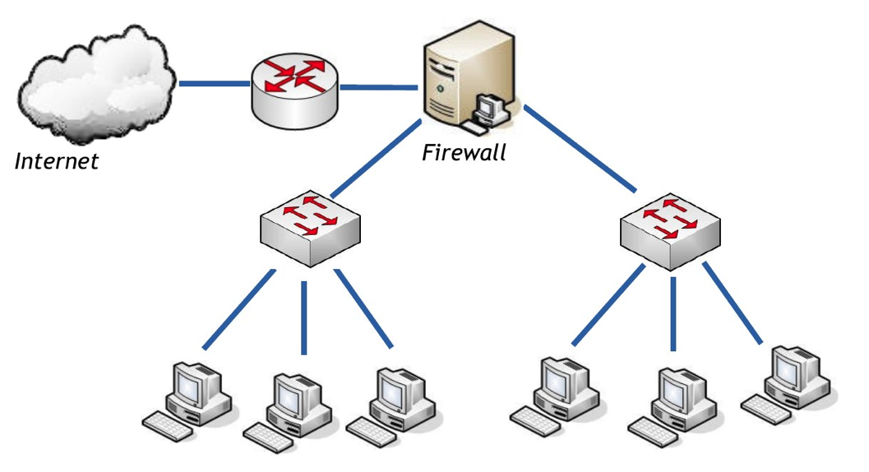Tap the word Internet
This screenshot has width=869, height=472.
pyautogui.click(x=57, y=160)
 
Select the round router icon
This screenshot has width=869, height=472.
pyautogui.click(x=294, y=90)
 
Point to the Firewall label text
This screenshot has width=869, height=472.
pyautogui.click(x=464, y=152)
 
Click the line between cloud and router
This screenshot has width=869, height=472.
pyautogui.click(x=214, y=84)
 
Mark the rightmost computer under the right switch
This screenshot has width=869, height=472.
pyautogui.click(x=785, y=383)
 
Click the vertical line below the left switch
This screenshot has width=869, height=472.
pyautogui.click(x=304, y=317)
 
